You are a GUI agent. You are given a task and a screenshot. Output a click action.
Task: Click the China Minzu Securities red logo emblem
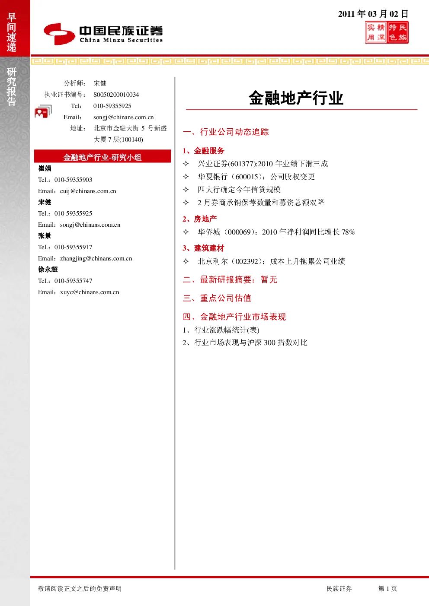coord(59,34)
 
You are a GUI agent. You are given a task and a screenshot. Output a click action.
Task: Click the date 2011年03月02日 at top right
coord(373,13)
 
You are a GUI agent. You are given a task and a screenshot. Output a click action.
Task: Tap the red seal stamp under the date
coord(387,32)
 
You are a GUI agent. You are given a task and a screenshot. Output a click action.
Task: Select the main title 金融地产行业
coord(296,98)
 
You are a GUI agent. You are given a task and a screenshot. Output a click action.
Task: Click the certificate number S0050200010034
coord(116,95)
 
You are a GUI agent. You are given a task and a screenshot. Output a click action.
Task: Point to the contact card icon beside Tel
coord(43,111)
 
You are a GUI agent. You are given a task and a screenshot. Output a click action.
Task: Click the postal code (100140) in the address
coord(131,140)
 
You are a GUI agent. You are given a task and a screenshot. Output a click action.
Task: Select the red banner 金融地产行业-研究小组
coord(102,156)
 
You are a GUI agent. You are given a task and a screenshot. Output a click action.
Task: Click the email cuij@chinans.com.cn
coord(88,191)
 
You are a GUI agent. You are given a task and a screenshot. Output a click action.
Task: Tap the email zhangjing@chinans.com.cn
coord(96,258)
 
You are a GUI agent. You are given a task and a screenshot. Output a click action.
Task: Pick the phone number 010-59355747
coord(73,281)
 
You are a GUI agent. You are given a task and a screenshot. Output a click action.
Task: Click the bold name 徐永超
coord(48,270)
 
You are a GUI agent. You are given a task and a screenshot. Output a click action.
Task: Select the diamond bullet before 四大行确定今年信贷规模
coord(186,189)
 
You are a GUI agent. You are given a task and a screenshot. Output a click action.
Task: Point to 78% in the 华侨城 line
coord(348,232)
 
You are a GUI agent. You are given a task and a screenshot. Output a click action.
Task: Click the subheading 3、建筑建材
coord(203,248)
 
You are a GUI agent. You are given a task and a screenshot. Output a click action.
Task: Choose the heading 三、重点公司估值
coord(217,298)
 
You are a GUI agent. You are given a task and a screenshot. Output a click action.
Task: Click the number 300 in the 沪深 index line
coord(269,343)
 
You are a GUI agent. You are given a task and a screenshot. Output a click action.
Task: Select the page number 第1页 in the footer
coord(387,588)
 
